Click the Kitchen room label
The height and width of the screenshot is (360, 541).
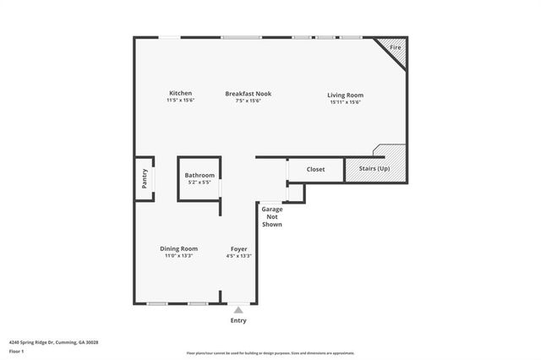180,93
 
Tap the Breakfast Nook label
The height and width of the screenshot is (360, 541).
248,93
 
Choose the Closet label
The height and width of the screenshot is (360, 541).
315,169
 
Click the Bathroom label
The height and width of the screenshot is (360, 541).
199,175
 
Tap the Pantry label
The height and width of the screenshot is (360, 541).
145,178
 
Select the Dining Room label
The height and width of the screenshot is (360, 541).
179,248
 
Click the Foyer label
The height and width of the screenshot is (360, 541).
239,248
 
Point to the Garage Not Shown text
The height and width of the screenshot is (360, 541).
271,216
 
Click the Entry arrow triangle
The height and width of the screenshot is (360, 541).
238,310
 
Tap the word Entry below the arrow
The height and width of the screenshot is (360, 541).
238,320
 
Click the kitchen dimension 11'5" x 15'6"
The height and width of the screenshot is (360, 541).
180,101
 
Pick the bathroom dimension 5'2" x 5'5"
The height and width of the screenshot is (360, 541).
199,182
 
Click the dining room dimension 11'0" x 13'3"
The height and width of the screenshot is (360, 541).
179,256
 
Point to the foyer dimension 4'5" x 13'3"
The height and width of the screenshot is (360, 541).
239,256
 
